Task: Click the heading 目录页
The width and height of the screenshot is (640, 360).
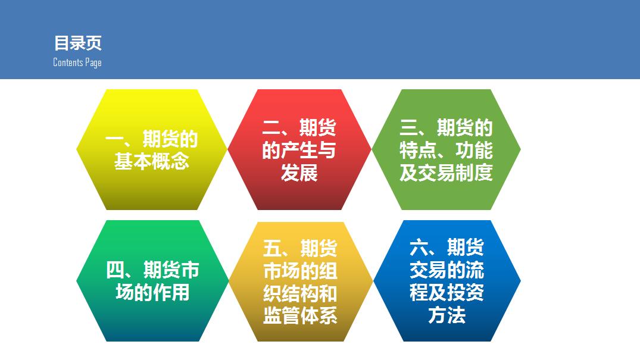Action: pyautogui.click(x=77, y=43)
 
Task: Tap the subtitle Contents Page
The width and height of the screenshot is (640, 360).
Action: pyautogui.click(x=77, y=62)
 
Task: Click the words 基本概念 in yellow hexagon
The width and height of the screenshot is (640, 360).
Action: pyautogui.click(x=151, y=161)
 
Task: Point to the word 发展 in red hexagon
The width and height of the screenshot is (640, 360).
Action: pyautogui.click(x=299, y=173)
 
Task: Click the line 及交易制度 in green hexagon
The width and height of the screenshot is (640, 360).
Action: pyautogui.click(x=446, y=173)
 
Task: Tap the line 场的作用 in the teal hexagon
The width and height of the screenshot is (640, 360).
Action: pyautogui.click(x=152, y=292)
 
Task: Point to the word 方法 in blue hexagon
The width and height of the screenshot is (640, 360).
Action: pyautogui.click(x=447, y=315)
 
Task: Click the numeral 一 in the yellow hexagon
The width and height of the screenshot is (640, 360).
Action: pyautogui.click(x=114, y=140)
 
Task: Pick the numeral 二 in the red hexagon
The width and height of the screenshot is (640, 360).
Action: pyautogui.click(x=271, y=127)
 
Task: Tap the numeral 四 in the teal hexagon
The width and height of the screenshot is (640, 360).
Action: pyautogui.click(x=115, y=270)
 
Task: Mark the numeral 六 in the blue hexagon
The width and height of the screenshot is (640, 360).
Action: pyautogui.click(x=419, y=248)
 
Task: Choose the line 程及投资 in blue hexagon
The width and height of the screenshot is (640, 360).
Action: pyautogui.click(x=447, y=293)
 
